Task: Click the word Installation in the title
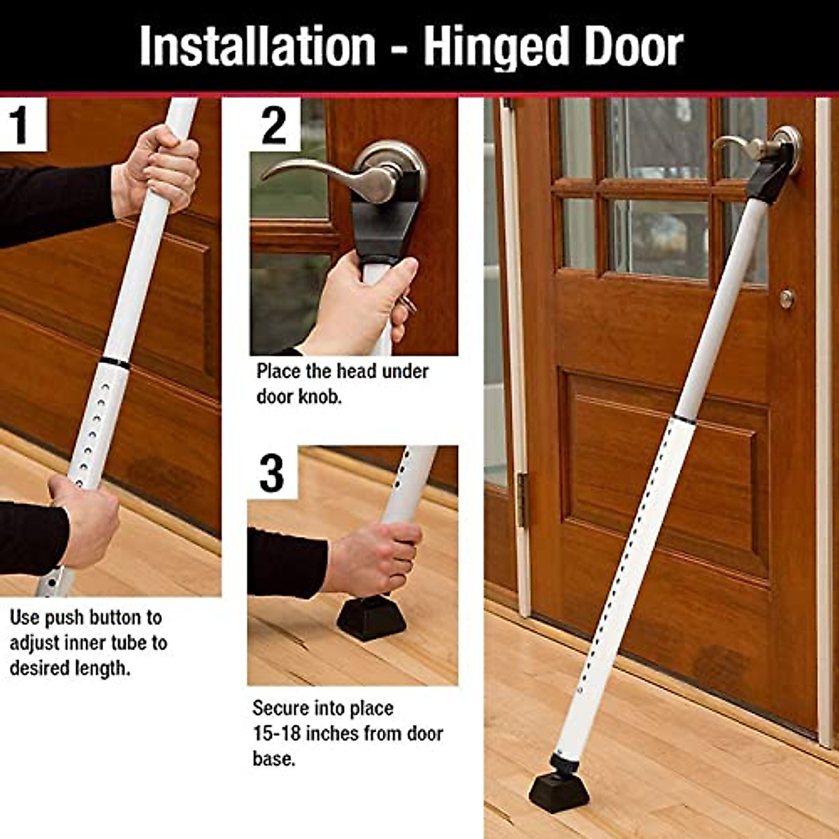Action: point(257,46)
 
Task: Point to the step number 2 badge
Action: point(274,124)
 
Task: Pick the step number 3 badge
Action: point(272,472)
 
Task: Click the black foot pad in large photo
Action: point(559,790)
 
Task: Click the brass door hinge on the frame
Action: point(522,499)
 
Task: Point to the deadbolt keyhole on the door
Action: point(787,299)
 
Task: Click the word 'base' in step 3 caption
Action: point(272,759)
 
